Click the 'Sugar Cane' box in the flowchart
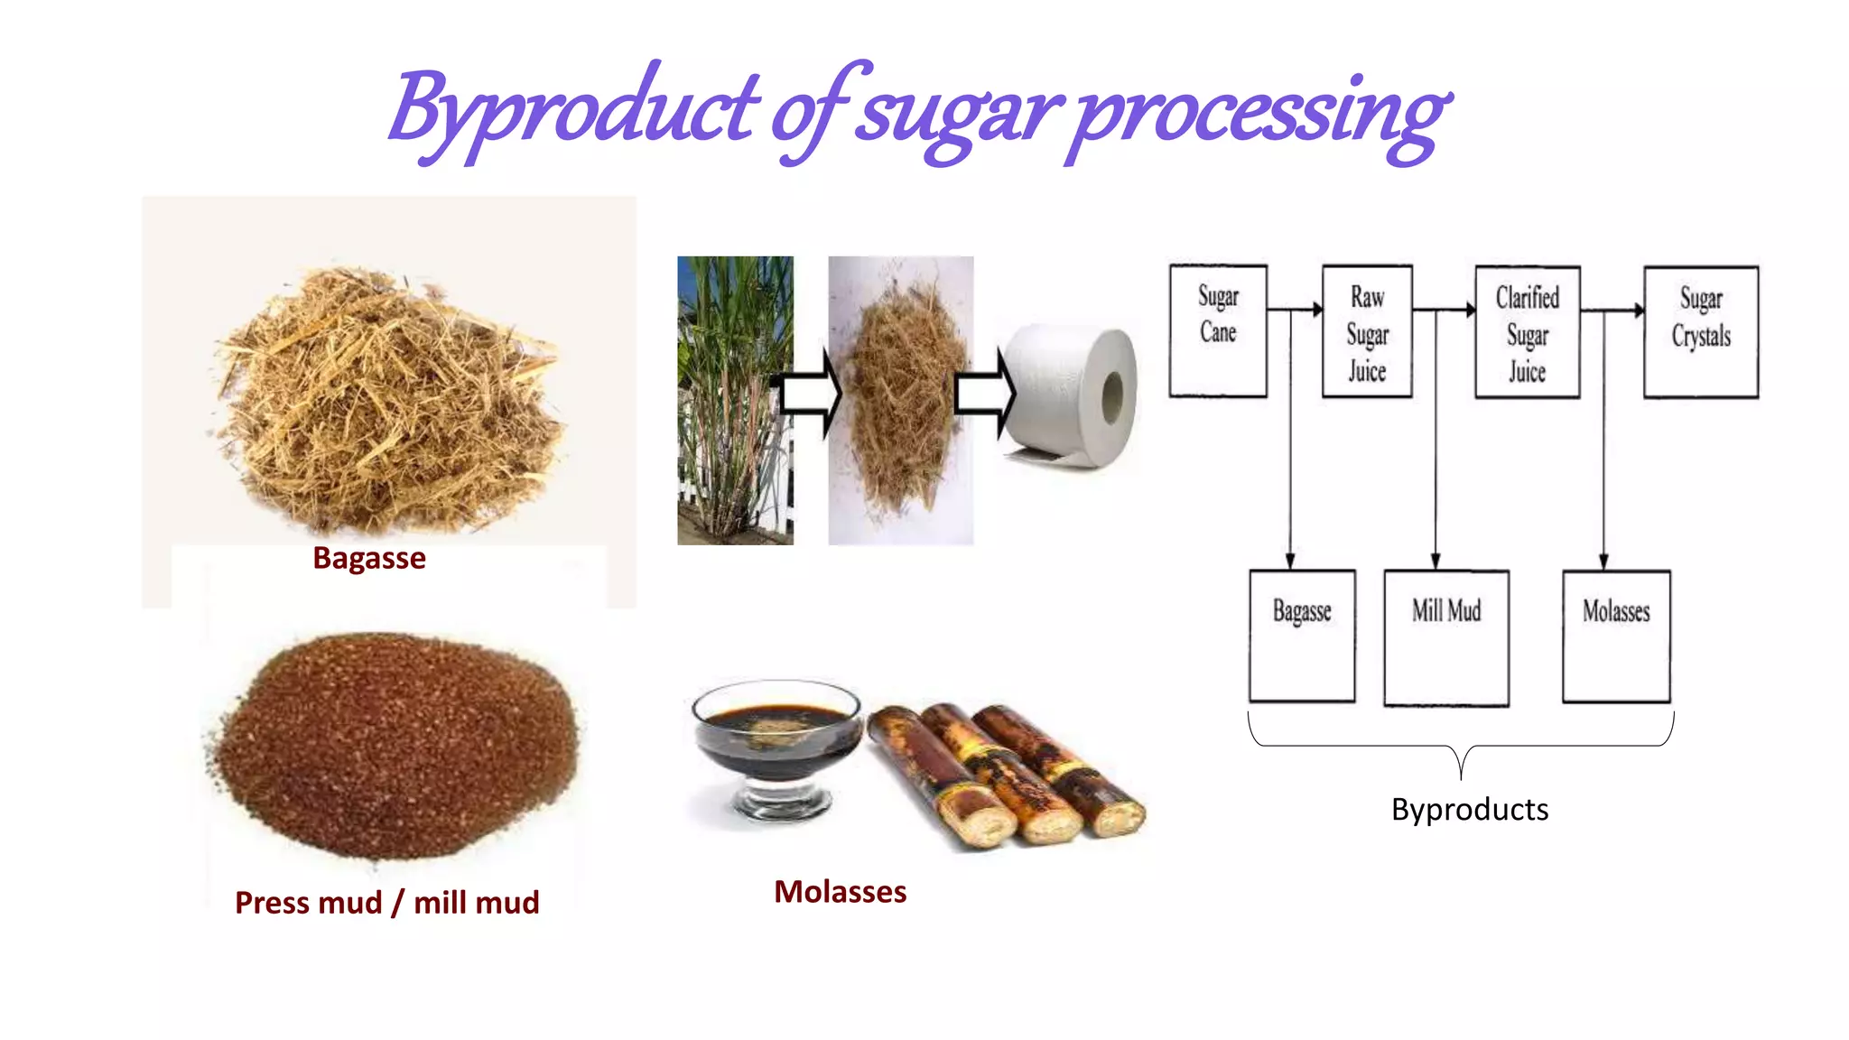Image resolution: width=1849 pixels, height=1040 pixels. pyautogui.click(x=1218, y=330)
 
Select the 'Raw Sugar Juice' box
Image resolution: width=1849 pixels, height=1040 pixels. pyautogui.click(x=1367, y=331)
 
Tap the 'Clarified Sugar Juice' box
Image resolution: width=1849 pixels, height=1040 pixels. pyautogui.click(x=1527, y=332)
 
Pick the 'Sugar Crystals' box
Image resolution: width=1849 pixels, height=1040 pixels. pyautogui.click(x=1701, y=331)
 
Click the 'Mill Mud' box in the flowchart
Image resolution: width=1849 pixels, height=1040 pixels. pyautogui.click(x=1446, y=636)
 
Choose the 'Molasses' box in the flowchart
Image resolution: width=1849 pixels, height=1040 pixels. pyautogui.click(x=1616, y=636)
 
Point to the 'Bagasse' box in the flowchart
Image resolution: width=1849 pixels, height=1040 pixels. pyautogui.click(x=1302, y=636)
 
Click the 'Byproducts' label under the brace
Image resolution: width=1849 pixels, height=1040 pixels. pyautogui.click(x=1470, y=809)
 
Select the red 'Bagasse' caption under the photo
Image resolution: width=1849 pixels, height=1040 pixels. pyautogui.click(x=369, y=558)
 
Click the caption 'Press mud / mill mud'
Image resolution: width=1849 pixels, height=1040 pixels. pyautogui.click(x=387, y=902)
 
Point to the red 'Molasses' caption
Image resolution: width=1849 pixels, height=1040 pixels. pyautogui.click(x=840, y=891)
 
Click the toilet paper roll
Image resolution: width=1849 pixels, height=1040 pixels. pyautogui.click(x=1074, y=397)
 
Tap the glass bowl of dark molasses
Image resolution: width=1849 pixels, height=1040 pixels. pyautogui.click(x=777, y=745)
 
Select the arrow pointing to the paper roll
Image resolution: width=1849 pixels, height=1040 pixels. pyautogui.click(x=985, y=395)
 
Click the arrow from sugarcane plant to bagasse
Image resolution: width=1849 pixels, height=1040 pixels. pyautogui.click(x=811, y=395)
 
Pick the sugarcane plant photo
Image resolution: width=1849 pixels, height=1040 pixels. pyautogui.click(x=735, y=400)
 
